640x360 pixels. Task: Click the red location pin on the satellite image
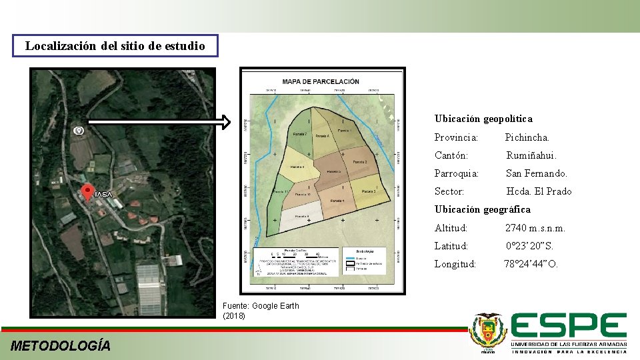87,193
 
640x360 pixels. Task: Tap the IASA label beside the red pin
103,195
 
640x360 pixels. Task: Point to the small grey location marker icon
79,131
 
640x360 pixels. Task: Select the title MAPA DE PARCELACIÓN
321,82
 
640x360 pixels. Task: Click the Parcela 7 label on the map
299,134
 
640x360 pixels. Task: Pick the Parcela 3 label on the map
369,191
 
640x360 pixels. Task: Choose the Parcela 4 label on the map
337,200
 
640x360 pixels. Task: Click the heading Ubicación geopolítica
483,119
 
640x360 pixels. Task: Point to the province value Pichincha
527,137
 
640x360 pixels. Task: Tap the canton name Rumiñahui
531,155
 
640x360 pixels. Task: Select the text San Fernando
537,173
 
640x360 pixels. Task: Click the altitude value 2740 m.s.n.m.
535,228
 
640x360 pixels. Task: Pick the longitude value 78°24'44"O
531,264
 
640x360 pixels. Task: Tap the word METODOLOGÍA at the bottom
61,345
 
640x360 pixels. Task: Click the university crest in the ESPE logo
488,331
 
